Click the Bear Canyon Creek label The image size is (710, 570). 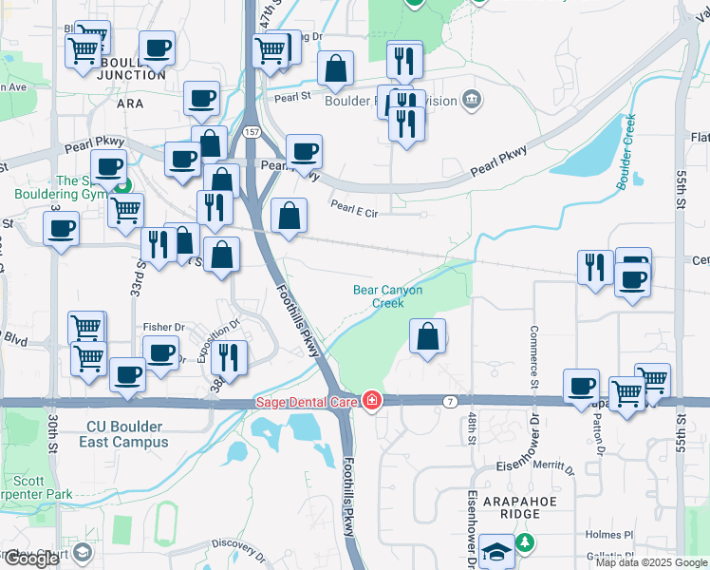[x=387, y=296]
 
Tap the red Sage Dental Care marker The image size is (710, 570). [x=371, y=402]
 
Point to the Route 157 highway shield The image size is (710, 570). [x=251, y=130]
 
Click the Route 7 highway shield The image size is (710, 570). [x=449, y=402]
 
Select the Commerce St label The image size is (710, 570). [x=534, y=352]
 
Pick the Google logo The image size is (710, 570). [x=31, y=559]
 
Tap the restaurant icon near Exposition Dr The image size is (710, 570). [x=229, y=357]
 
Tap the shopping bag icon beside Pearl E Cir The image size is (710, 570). [x=290, y=217]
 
